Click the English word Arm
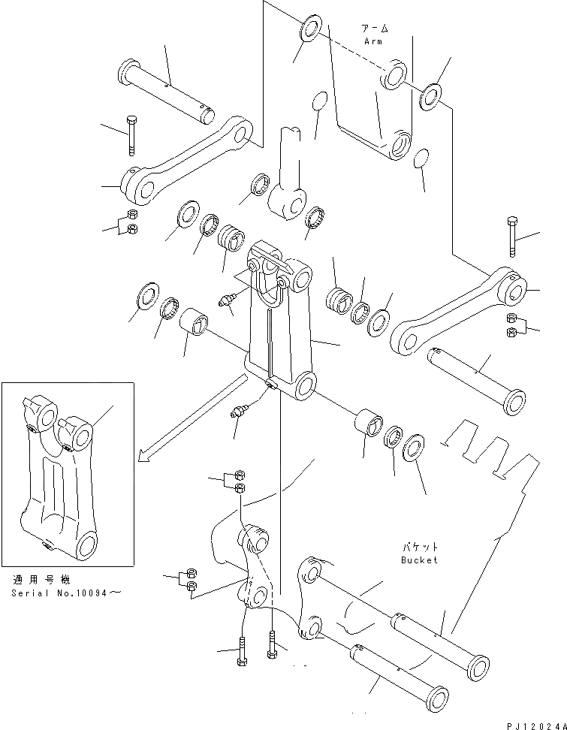tap(375, 41)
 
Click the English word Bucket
tap(419, 560)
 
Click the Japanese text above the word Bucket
tap(419, 547)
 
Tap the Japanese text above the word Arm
tap(375, 29)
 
